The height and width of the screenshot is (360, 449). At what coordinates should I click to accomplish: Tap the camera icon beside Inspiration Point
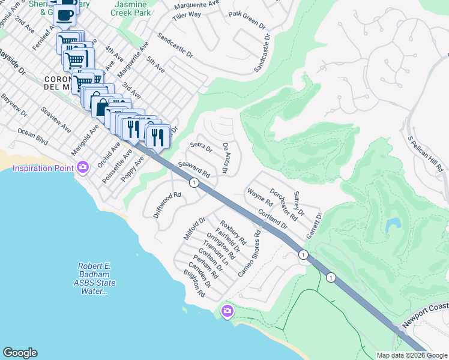[x=83, y=167]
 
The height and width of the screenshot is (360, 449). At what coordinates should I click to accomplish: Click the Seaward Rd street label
[x=194, y=170]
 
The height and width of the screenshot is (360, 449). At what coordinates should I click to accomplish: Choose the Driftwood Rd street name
[x=167, y=204]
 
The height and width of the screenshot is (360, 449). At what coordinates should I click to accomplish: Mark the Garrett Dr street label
[x=313, y=224]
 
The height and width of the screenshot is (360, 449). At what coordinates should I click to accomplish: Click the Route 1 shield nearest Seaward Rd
[x=194, y=182]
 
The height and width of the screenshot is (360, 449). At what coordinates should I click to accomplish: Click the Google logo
[x=20, y=353]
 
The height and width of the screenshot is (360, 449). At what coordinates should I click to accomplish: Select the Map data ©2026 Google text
[x=411, y=355]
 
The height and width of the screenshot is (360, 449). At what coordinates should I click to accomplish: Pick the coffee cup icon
[x=67, y=14]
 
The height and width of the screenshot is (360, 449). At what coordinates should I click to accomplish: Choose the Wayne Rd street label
[x=260, y=198]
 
